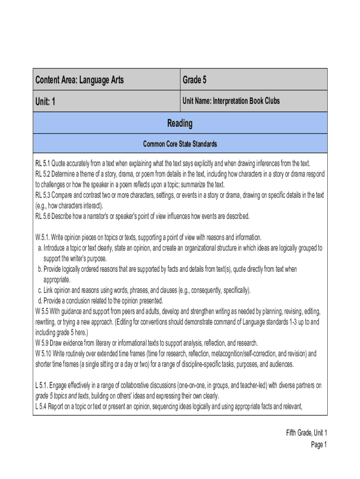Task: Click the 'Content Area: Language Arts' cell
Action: (x=80, y=80)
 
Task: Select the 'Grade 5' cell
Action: (x=194, y=80)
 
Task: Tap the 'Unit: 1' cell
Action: (x=46, y=101)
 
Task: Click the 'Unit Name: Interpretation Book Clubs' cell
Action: (x=231, y=101)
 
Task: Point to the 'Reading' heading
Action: (x=180, y=123)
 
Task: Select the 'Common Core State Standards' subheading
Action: (x=180, y=144)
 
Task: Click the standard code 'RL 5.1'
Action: (x=43, y=163)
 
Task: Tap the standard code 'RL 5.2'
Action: (x=43, y=174)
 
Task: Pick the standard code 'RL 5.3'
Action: (x=43, y=195)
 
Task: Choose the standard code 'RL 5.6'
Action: (x=43, y=216)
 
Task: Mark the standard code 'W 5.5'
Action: (x=42, y=311)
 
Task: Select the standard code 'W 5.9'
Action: (x=42, y=343)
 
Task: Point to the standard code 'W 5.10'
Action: (x=43, y=353)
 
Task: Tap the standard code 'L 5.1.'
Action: (x=43, y=385)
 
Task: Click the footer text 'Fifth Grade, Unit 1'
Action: (x=306, y=433)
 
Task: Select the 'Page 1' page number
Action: (x=319, y=444)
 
